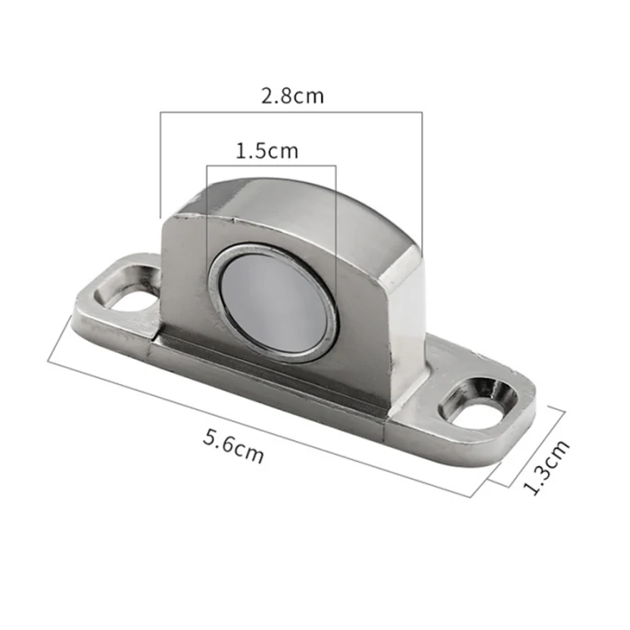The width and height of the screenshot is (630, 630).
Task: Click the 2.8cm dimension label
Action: click(x=292, y=96)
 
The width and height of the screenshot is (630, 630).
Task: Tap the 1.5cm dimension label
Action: click(x=266, y=151)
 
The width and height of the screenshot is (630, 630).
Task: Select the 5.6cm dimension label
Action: click(x=233, y=446)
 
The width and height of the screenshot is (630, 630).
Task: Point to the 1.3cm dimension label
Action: click(x=546, y=467)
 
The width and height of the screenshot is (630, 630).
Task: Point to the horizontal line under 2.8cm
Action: click(x=292, y=112)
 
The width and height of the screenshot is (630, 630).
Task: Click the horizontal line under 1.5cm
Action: click(x=271, y=165)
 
